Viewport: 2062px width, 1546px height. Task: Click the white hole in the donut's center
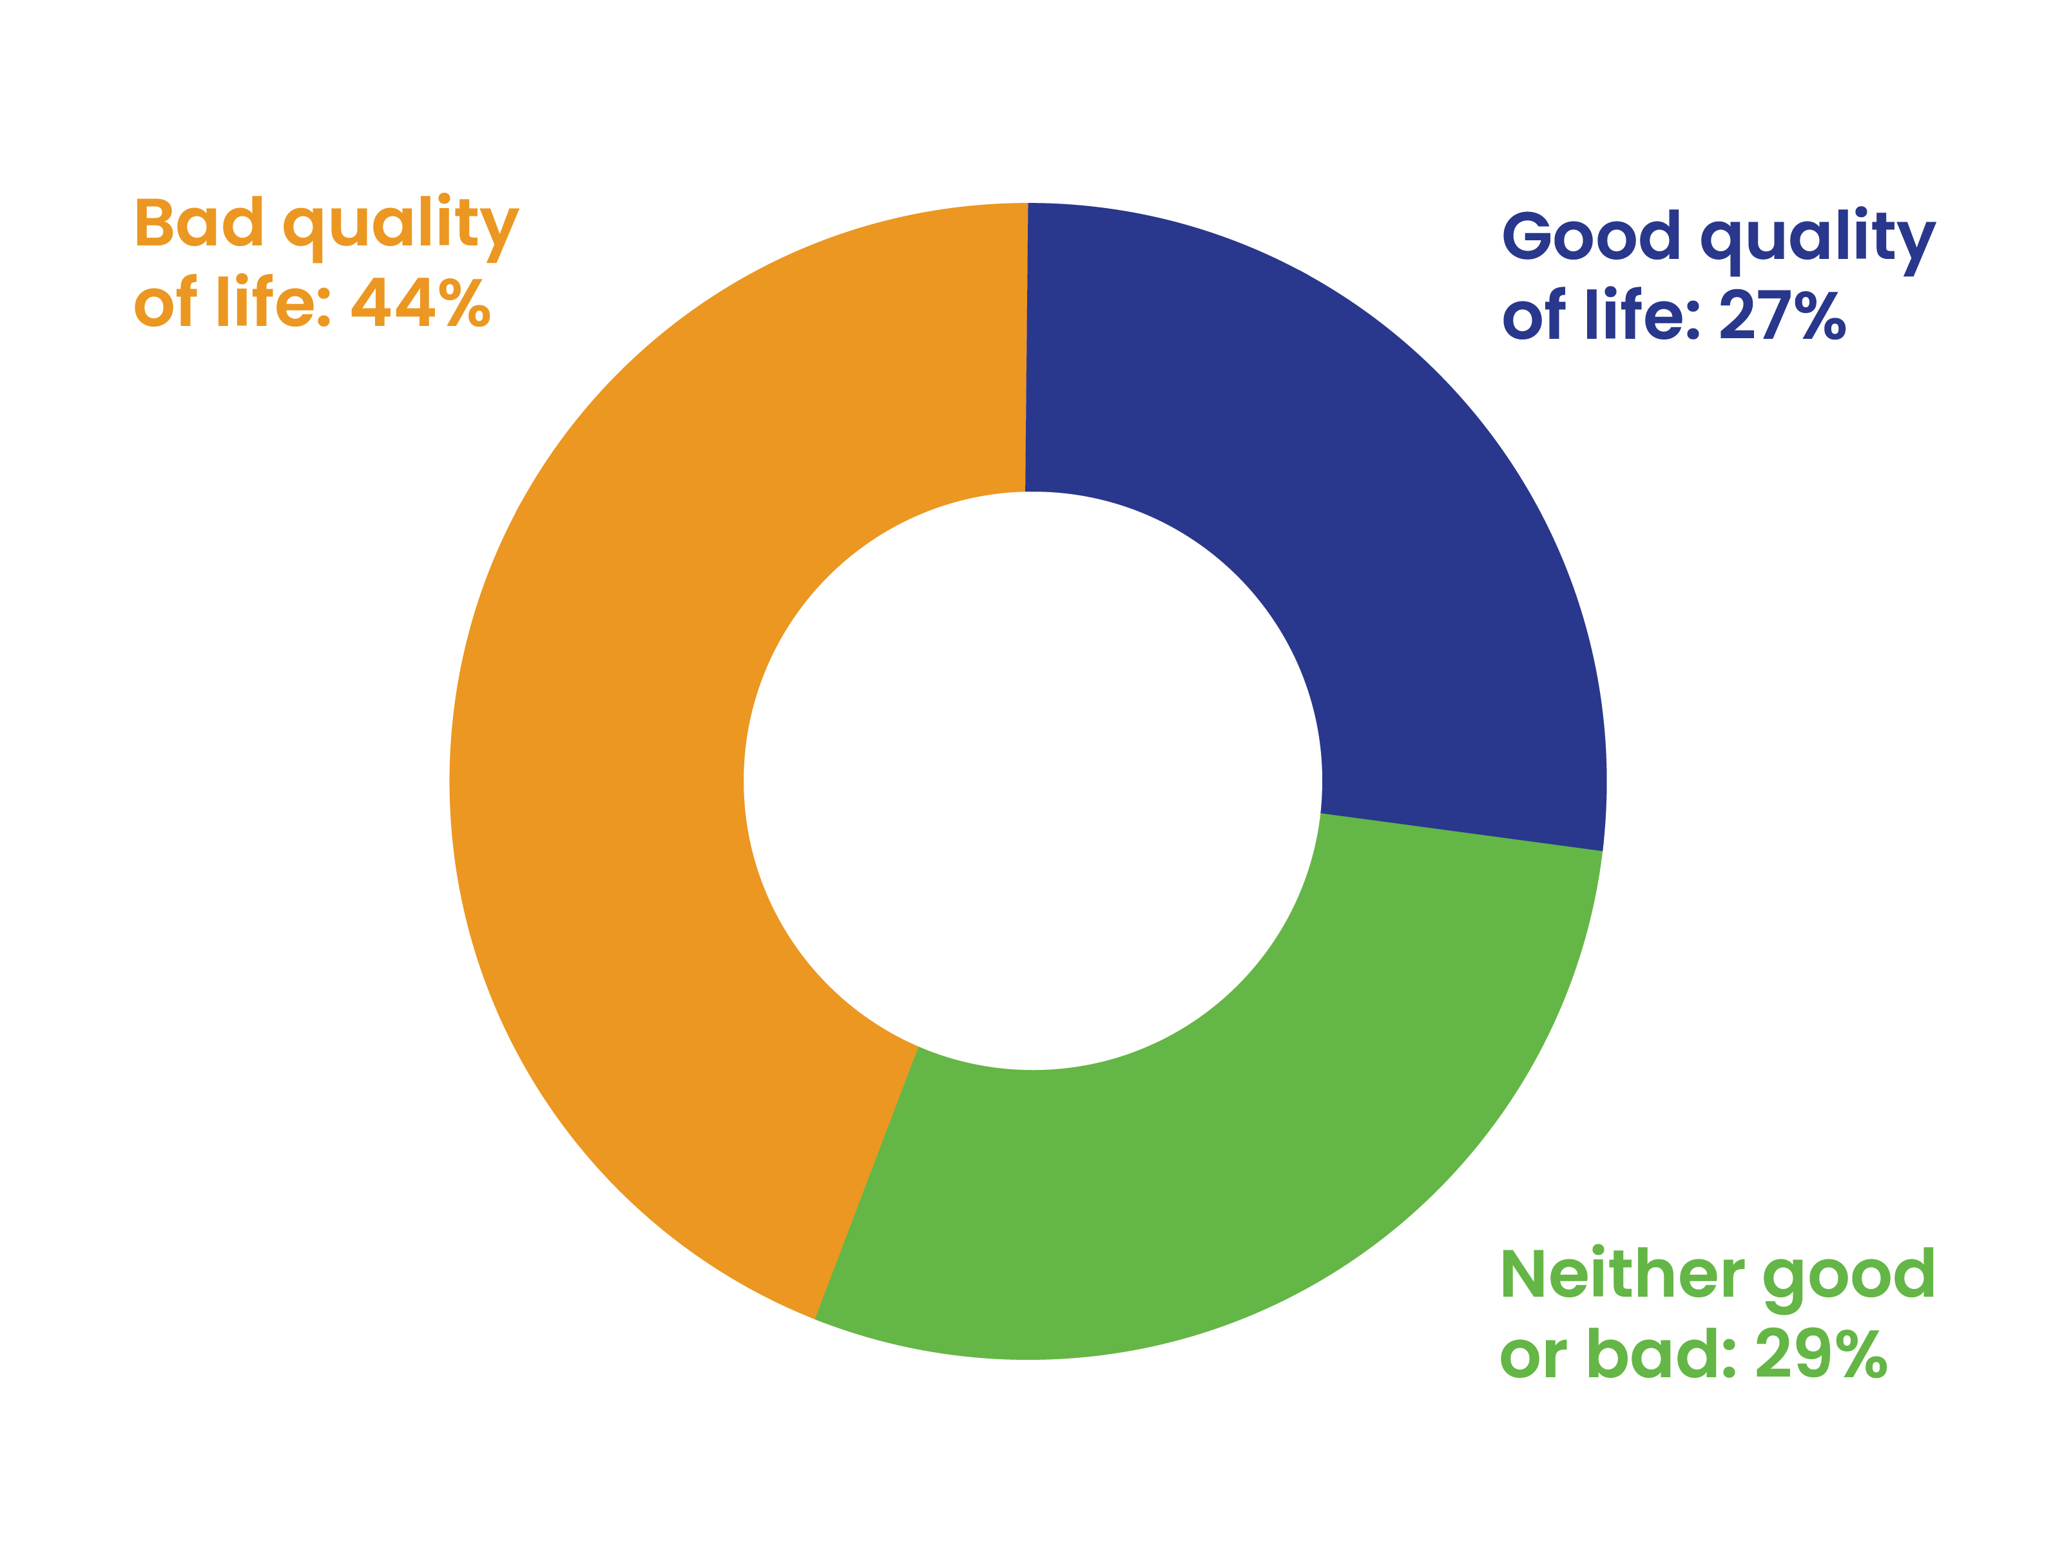coord(1032,781)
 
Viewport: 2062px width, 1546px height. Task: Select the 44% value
coord(420,303)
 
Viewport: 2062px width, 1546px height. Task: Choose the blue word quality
coord(1818,240)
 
